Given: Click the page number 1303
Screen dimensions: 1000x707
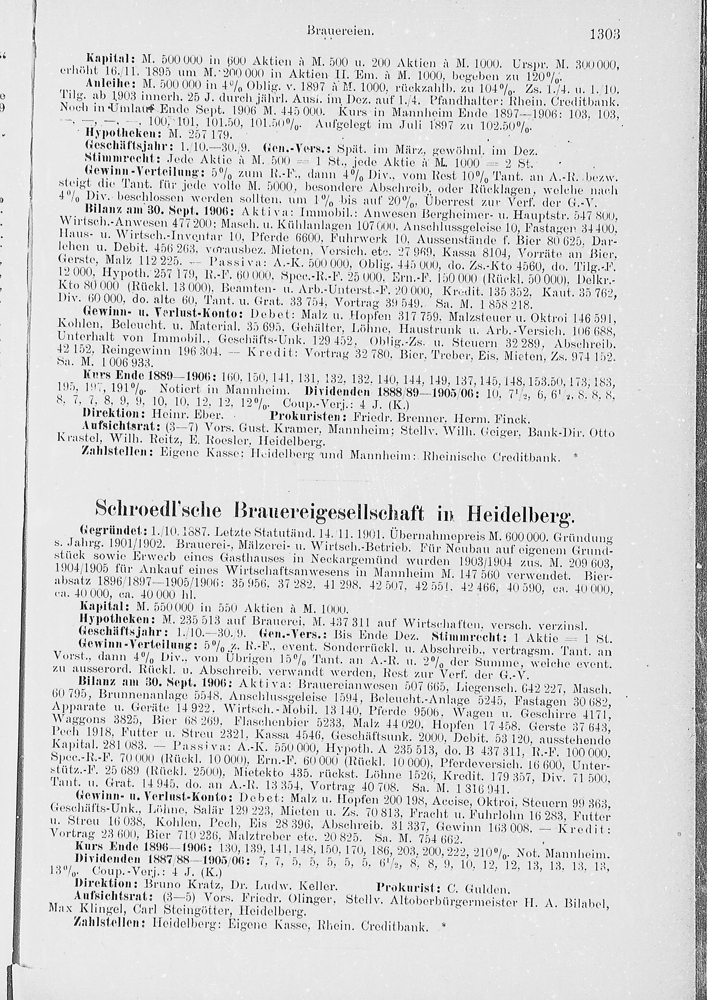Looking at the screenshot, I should tap(604, 34).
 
